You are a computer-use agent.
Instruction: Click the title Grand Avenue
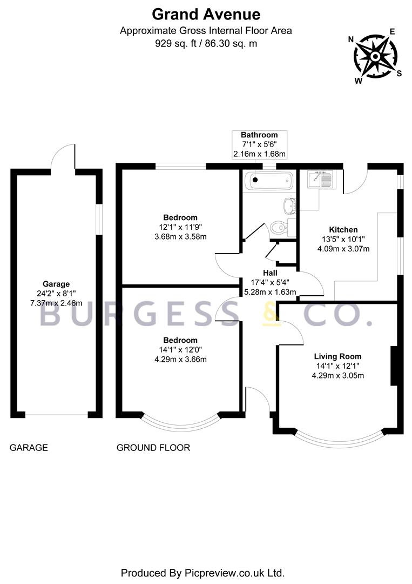[206, 15]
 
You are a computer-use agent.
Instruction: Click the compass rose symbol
[375, 57]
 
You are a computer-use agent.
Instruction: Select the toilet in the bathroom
[282, 227]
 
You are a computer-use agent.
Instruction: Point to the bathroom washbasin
[290, 205]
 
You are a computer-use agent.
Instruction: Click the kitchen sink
[322, 180]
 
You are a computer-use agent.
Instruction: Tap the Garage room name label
[56, 284]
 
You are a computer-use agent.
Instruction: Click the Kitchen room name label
[343, 230]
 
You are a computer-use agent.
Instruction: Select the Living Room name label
[337, 356]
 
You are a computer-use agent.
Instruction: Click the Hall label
[270, 273]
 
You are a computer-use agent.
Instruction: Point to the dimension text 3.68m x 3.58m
[180, 236]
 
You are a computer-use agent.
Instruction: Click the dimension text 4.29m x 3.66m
[180, 360]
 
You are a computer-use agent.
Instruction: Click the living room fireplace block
[394, 366]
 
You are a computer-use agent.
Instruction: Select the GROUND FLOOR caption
[153, 448]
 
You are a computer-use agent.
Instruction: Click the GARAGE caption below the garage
[29, 448]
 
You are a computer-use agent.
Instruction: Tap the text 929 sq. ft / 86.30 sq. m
[206, 44]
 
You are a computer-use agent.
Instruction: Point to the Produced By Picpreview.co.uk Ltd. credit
[202, 573]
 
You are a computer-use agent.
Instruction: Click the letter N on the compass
[350, 39]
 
